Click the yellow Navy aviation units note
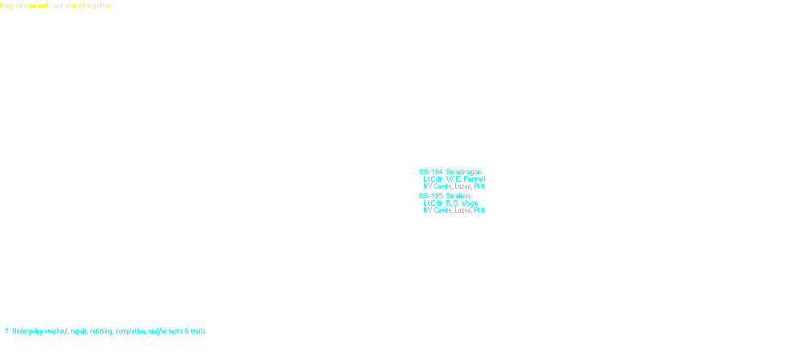(x=56, y=6)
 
